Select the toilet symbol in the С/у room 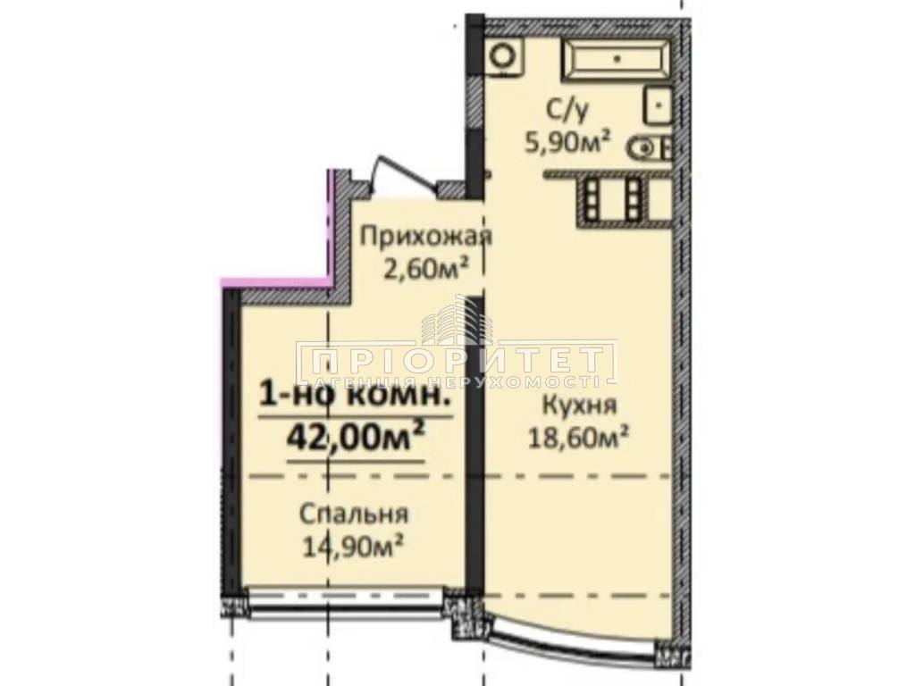click(x=651, y=148)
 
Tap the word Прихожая click(x=426, y=238)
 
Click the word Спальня click(x=353, y=514)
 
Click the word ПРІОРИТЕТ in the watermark click(x=457, y=359)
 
